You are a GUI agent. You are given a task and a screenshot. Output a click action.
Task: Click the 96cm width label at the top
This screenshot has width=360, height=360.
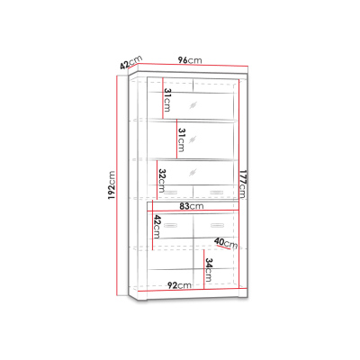(x=190, y=60)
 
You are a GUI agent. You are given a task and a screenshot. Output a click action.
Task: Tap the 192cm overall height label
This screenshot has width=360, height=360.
(x=112, y=185)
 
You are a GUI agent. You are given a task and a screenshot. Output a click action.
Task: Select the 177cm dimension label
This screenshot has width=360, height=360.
(x=242, y=184)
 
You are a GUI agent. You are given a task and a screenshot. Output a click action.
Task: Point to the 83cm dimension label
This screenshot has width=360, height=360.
(x=192, y=206)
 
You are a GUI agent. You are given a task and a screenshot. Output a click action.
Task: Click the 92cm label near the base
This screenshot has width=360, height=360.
(x=179, y=285)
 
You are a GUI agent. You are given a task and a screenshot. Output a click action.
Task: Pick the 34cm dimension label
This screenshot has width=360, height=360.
(x=209, y=270)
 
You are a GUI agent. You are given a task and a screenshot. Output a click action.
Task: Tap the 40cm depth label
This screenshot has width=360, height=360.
(x=226, y=243)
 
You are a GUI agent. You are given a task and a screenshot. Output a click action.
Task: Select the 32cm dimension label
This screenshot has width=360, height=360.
(x=162, y=181)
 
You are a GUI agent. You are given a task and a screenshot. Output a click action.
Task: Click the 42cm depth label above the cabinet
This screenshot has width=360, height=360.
(x=130, y=62)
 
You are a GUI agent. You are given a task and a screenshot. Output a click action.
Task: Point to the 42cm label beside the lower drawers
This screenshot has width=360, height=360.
(x=157, y=227)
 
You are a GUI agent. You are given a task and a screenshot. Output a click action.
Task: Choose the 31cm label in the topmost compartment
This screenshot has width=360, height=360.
(x=167, y=100)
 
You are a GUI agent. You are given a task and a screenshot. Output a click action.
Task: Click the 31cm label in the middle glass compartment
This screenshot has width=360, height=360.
(x=182, y=139)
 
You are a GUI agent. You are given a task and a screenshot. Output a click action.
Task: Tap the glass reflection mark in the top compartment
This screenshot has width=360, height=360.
(x=193, y=105)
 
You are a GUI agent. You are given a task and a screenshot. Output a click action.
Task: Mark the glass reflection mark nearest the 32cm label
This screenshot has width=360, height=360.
(x=193, y=172)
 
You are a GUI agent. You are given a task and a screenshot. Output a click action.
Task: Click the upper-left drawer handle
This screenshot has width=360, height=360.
(x=170, y=193)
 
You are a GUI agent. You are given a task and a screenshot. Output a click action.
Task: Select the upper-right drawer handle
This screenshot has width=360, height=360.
(x=217, y=193)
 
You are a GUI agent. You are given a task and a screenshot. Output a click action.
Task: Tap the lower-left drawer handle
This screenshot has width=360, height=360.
(x=170, y=225)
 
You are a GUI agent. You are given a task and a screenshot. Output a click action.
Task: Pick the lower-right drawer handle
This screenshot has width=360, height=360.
(x=217, y=225)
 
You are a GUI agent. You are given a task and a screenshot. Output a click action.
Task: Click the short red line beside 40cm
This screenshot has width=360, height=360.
(x=223, y=247)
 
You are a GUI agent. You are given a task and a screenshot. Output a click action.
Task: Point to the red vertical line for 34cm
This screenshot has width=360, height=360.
(x=203, y=270)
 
